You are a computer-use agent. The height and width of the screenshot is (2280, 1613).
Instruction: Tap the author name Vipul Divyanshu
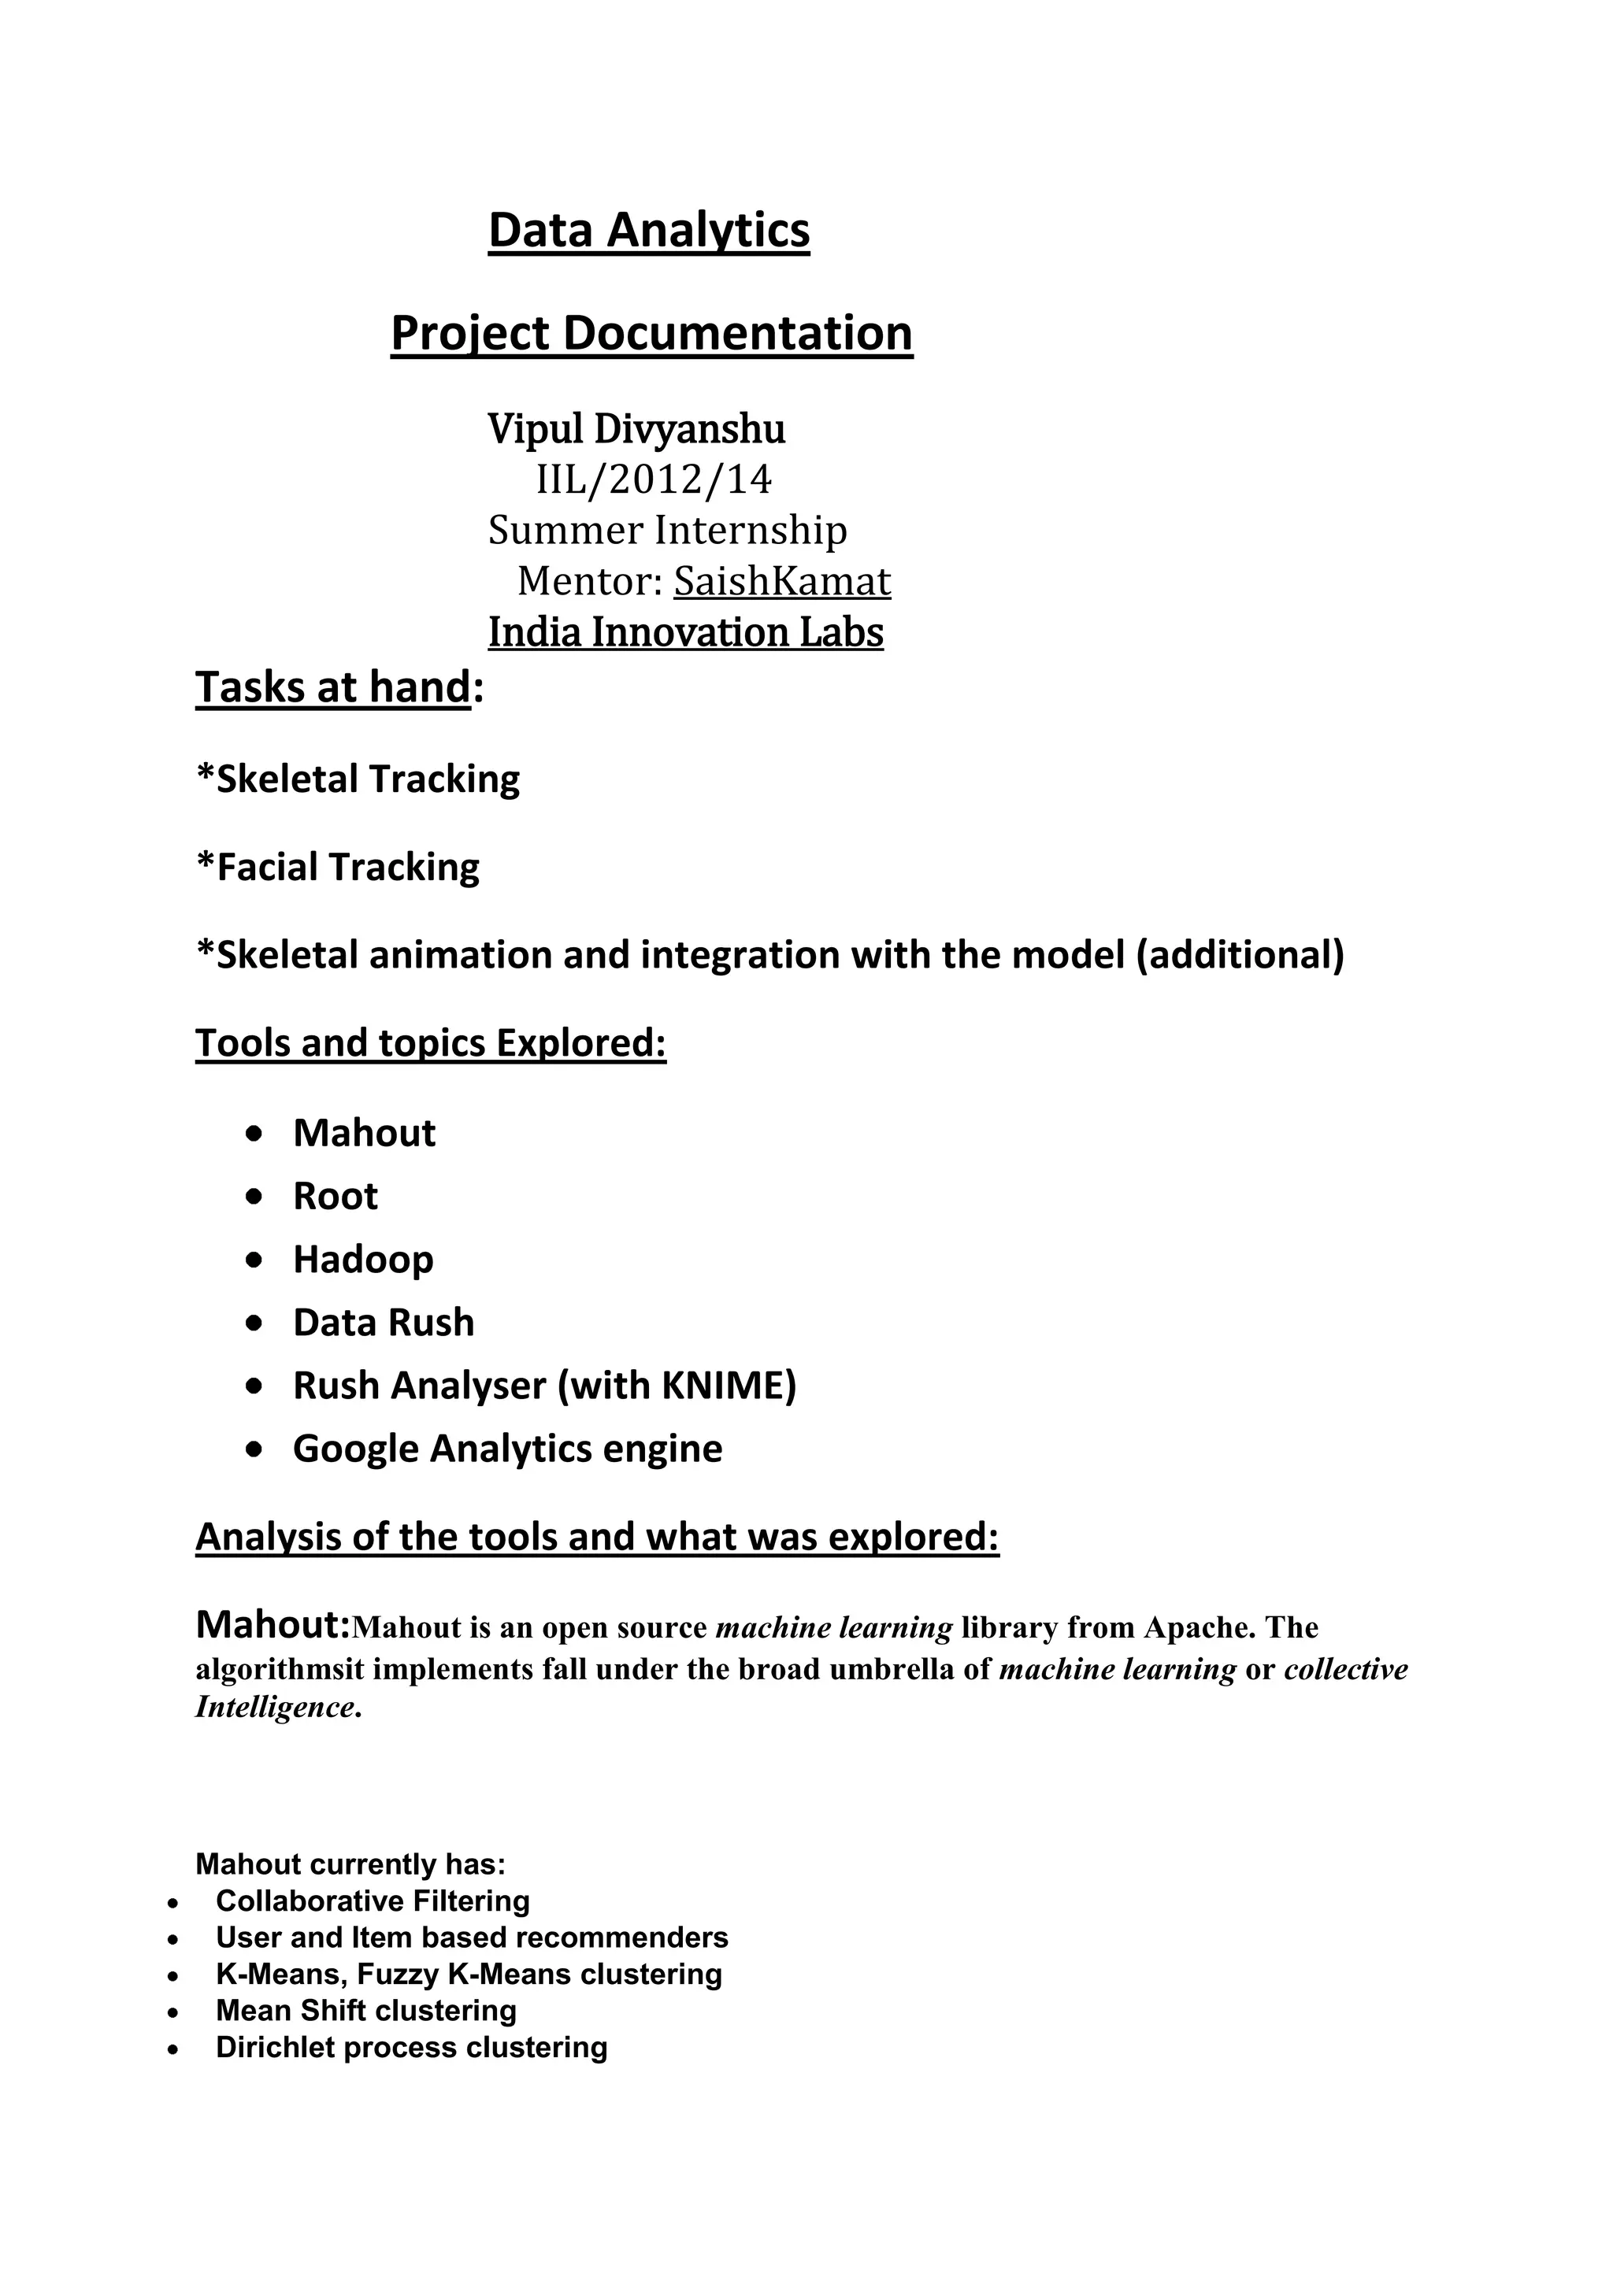tap(636, 429)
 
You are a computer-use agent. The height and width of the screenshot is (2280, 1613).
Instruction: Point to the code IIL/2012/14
tap(654, 479)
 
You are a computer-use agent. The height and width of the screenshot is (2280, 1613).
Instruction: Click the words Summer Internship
tap(667, 531)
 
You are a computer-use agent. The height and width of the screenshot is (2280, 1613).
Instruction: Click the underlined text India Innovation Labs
tap(685, 632)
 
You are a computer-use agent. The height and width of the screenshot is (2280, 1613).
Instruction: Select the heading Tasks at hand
tap(332, 687)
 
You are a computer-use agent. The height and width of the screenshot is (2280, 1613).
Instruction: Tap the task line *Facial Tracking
tap(338, 867)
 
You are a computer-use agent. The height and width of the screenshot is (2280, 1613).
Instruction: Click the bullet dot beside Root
tap(255, 1197)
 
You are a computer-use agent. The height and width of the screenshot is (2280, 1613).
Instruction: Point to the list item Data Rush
tap(384, 1323)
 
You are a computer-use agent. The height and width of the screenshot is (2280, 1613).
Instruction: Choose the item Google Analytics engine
tap(507, 1449)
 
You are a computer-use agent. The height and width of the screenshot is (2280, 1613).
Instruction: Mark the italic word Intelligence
tap(274, 1707)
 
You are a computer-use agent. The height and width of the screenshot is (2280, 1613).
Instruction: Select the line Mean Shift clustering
tap(365, 2011)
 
